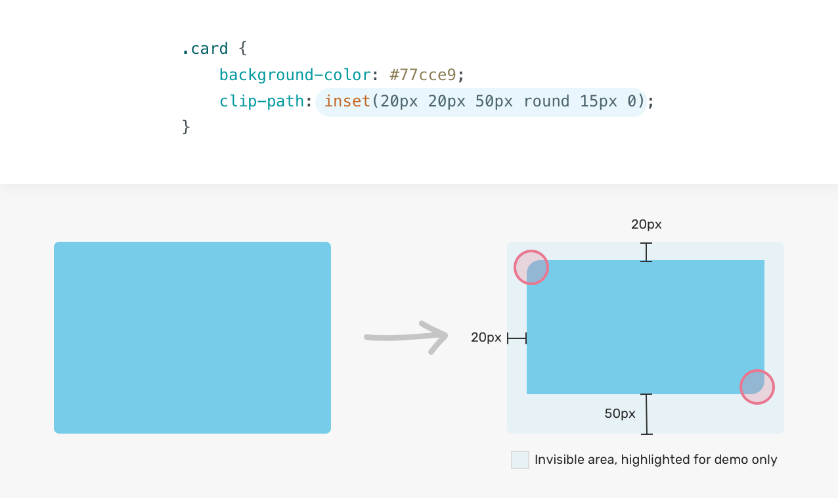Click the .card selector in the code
coord(205,49)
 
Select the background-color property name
coord(295,75)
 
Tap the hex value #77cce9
coord(423,75)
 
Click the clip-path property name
coord(262,101)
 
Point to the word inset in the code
coord(347,101)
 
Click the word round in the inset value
coord(546,101)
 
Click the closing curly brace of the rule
coord(186,127)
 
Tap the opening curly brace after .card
coord(243,49)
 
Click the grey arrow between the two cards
coord(407,337)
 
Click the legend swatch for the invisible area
coord(520,460)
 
